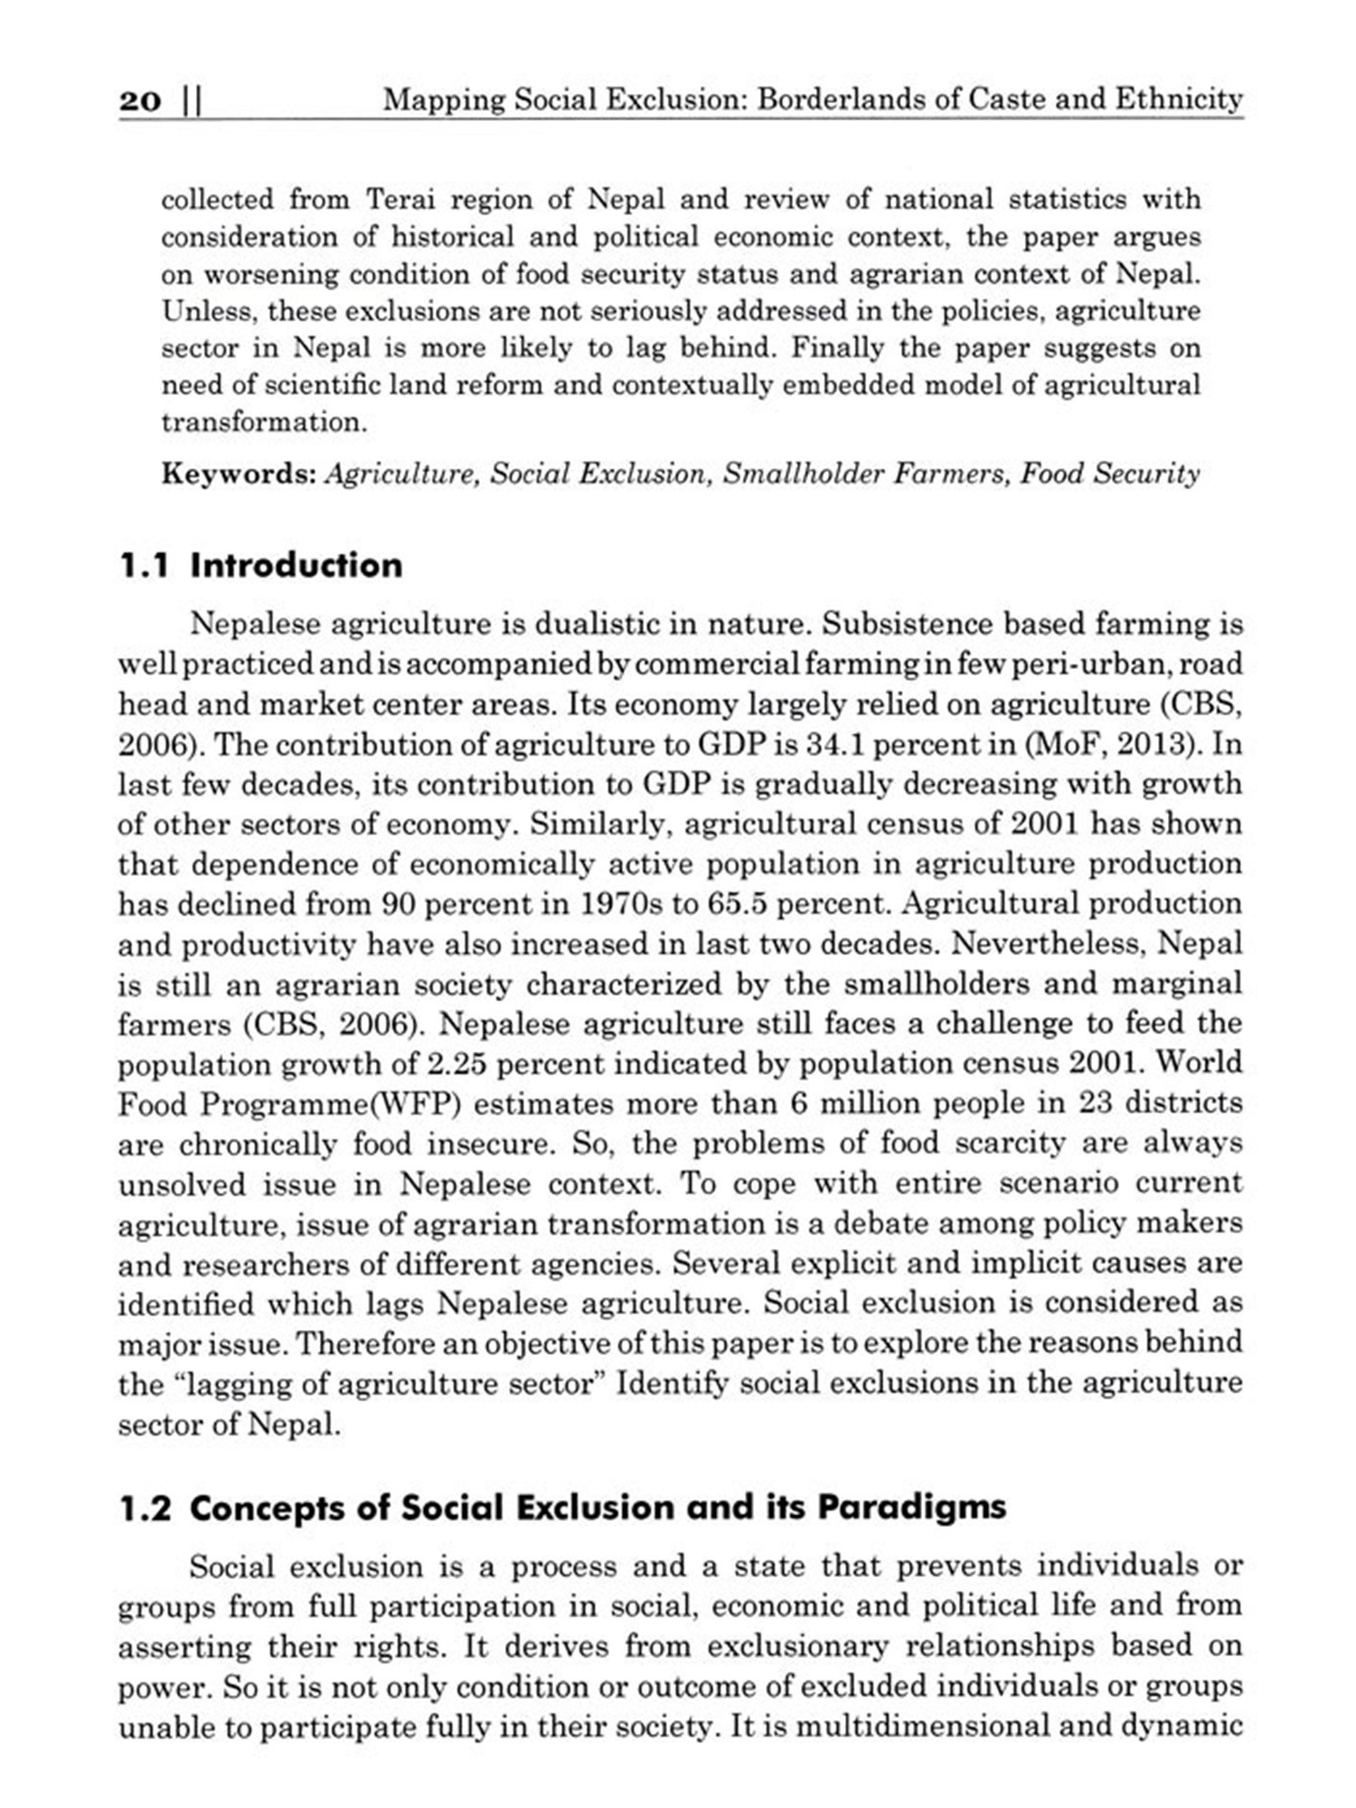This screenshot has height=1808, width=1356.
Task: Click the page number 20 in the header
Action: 139,100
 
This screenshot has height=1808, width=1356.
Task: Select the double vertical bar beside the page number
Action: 192,100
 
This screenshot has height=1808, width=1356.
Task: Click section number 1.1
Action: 144,566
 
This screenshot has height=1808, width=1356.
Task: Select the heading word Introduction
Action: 297,566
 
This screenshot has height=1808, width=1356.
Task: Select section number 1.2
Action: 145,1509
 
